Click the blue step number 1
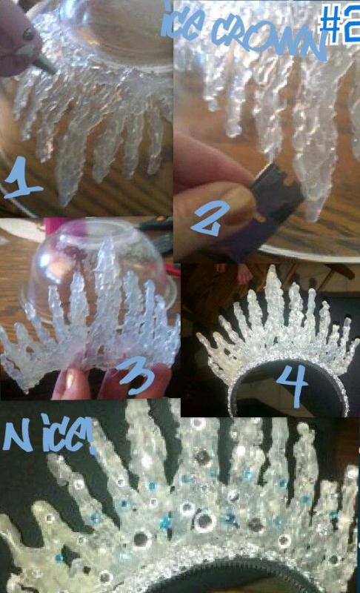[x=23, y=178]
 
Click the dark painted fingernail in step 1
[x=28, y=34]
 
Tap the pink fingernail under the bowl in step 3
[x=70, y=381]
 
